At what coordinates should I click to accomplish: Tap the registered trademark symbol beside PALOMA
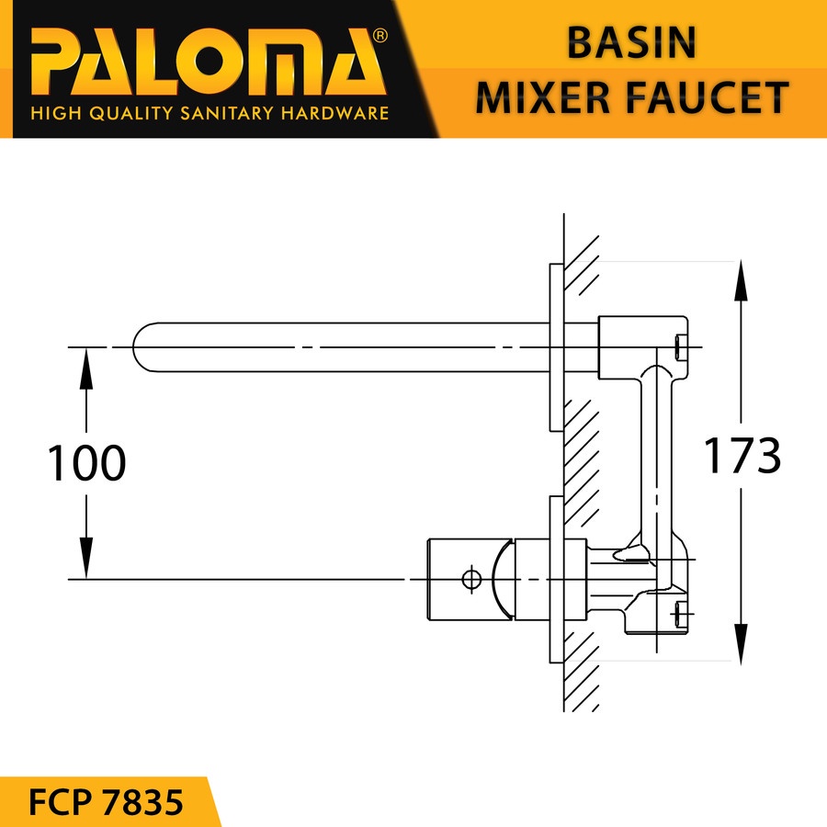pos(380,36)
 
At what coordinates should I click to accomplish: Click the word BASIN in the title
pos(631,42)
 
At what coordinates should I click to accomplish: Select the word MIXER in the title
pos(543,97)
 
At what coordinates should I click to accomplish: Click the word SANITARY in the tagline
pos(227,113)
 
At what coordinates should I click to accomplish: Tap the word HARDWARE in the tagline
pos(334,113)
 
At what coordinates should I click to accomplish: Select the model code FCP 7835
pos(106,802)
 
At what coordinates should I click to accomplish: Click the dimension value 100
pos(86,462)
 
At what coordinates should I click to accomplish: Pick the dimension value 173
pos(742,455)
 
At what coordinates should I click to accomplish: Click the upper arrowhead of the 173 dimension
pos(741,280)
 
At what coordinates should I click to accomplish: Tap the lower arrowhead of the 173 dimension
pos(741,643)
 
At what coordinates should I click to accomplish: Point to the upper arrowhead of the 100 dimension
pos(86,368)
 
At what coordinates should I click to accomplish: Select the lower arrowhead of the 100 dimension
pos(86,558)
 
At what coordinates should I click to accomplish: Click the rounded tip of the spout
pos(138,347)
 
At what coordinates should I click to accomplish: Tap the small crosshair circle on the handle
pos(471,579)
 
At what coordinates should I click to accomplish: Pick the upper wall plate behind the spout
pos(557,347)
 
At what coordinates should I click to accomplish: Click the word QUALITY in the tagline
pos(130,113)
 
